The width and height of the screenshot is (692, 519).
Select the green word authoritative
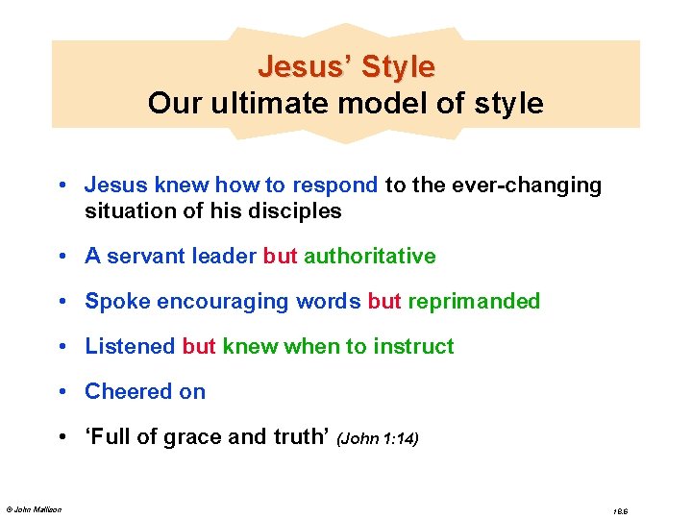pyautogui.click(x=370, y=257)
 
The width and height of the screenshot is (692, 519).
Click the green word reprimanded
pyautogui.click(x=474, y=302)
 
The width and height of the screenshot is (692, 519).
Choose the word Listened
pyautogui.click(x=130, y=347)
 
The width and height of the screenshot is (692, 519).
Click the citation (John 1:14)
pyautogui.click(x=377, y=439)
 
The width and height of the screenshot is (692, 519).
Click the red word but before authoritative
pyautogui.click(x=281, y=257)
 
